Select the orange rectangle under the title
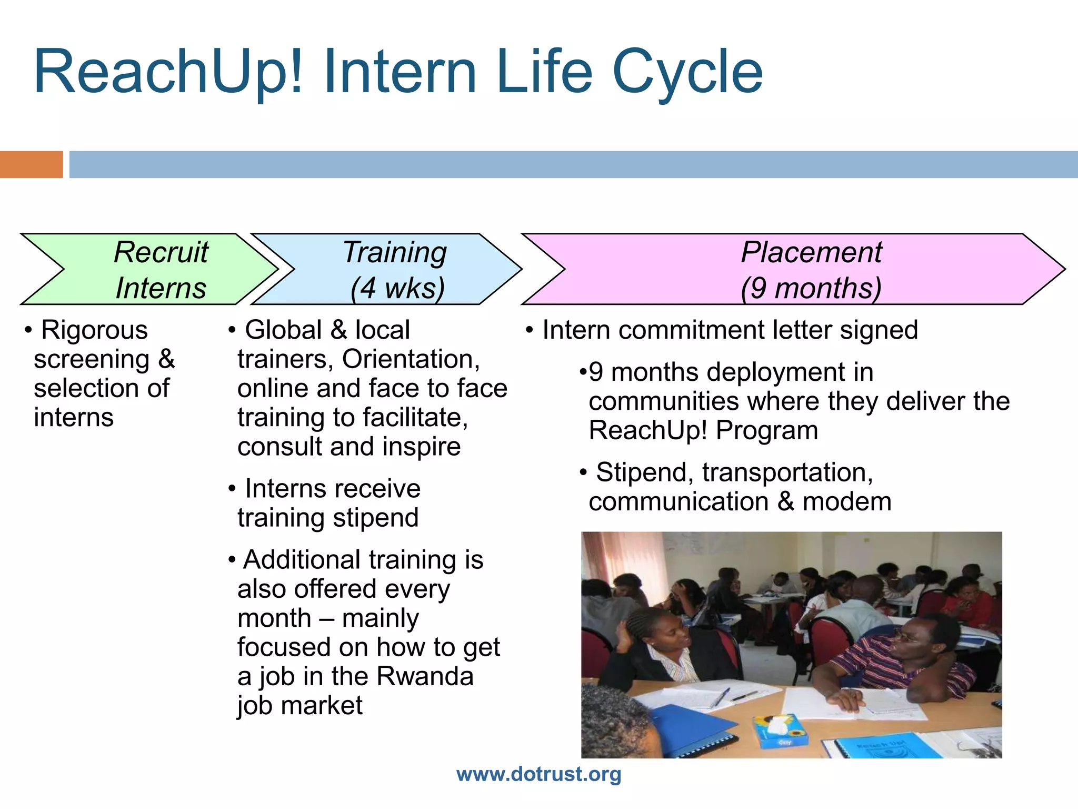click(x=31, y=164)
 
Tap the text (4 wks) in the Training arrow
click(x=398, y=288)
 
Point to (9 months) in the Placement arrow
click(x=811, y=288)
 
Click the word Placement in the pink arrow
click(x=811, y=252)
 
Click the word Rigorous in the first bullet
click(x=95, y=330)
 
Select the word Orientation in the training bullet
click(x=411, y=359)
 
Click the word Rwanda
click(x=425, y=676)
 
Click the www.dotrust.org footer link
click(x=538, y=774)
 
